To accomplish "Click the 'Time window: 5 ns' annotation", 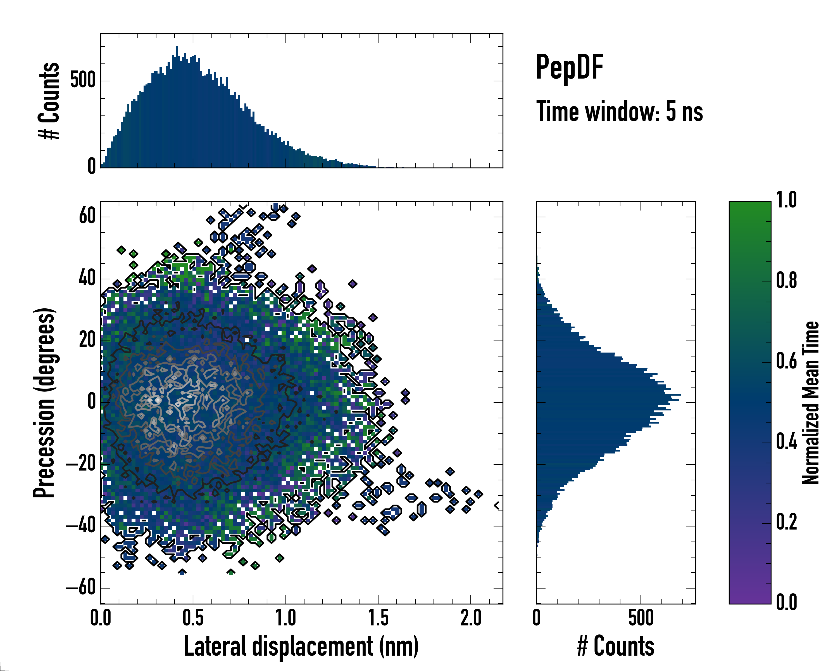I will click(x=619, y=112).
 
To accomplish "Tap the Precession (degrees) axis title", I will click(x=44, y=402).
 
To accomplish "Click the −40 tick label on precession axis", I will click(x=81, y=526).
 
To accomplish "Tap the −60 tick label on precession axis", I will click(x=81, y=588).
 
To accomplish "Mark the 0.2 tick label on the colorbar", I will click(x=786, y=522).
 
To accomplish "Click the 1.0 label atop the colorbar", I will click(x=786, y=200).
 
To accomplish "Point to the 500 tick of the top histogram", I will click(x=83, y=81).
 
